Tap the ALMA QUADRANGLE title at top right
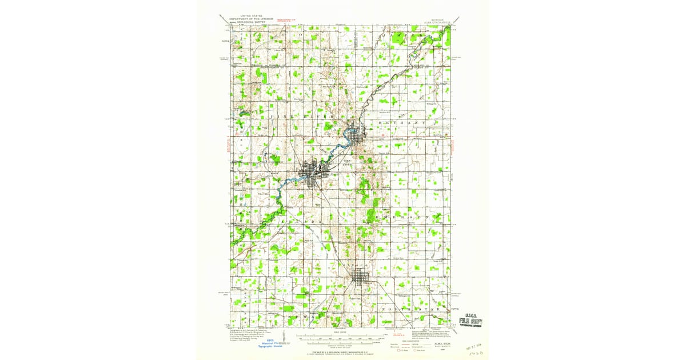tap(434, 22)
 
